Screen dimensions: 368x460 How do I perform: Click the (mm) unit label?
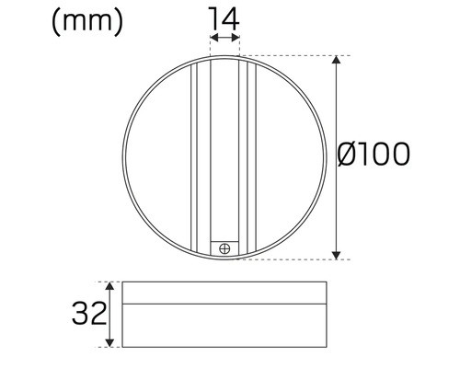[88, 21]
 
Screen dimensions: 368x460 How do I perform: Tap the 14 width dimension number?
[224, 17]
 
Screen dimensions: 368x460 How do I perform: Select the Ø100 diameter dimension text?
[374, 155]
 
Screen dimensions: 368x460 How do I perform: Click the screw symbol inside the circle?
[224, 247]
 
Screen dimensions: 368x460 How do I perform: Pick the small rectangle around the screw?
[224, 247]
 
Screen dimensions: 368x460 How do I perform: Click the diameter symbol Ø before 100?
[349, 155]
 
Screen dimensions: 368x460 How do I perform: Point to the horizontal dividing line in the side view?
[224, 303]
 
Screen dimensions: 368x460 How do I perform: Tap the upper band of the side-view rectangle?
[224, 293]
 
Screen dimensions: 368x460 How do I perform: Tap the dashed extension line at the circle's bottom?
[285, 259]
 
